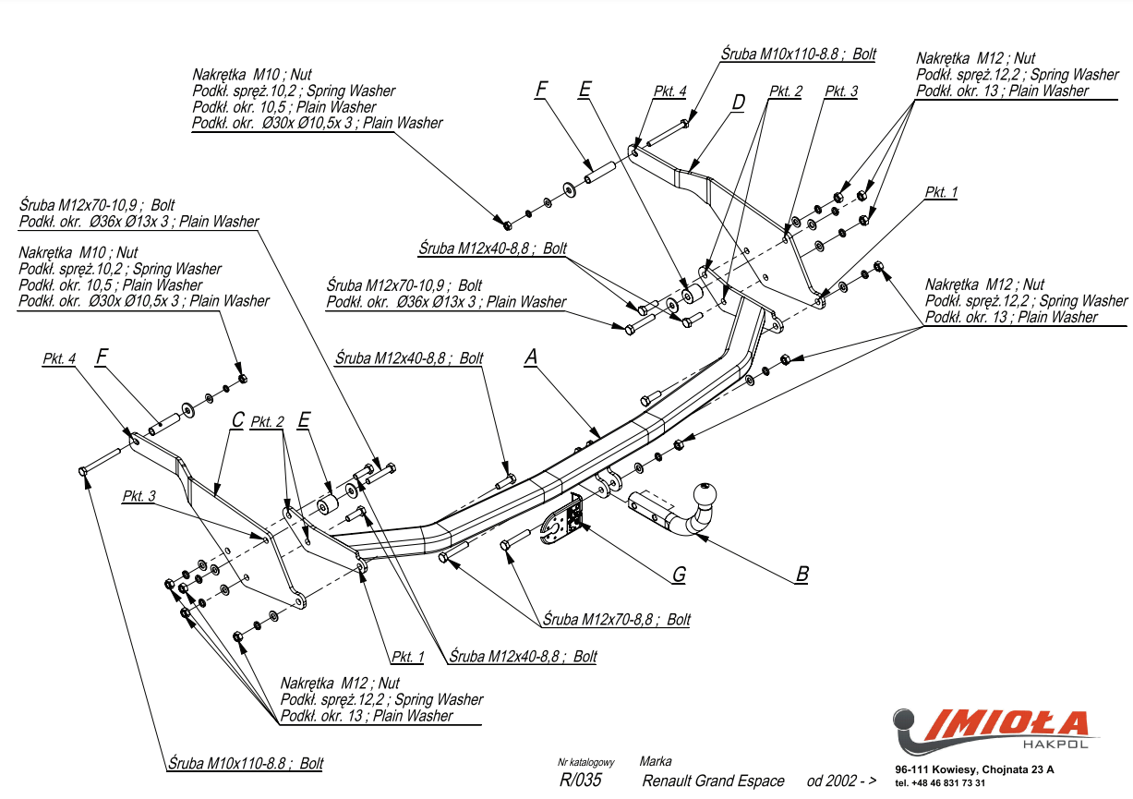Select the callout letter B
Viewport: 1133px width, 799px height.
(x=802, y=574)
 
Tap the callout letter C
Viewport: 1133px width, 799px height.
(x=237, y=419)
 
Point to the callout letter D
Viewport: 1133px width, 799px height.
(x=738, y=102)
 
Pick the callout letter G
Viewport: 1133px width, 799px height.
(x=679, y=575)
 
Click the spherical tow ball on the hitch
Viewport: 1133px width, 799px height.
(x=706, y=493)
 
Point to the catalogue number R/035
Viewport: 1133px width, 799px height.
(x=580, y=781)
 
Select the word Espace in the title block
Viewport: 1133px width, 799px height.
(x=760, y=781)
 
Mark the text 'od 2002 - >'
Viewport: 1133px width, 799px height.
(x=841, y=781)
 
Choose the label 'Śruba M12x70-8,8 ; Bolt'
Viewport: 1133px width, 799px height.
(x=616, y=620)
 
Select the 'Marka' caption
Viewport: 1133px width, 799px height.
(x=656, y=762)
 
